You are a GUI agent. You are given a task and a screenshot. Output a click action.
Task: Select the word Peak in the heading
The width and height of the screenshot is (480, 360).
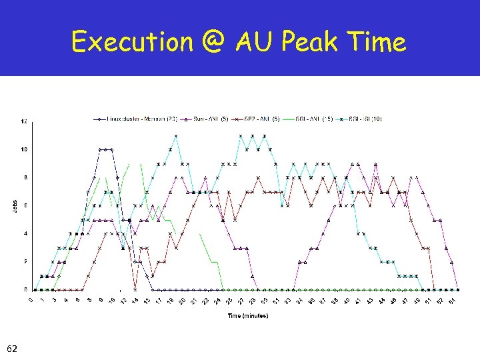coord(310,43)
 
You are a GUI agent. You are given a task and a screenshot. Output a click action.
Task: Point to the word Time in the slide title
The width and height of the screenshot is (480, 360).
coord(377,43)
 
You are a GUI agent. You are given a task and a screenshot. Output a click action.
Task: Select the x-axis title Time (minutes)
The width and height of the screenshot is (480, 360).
coord(248,315)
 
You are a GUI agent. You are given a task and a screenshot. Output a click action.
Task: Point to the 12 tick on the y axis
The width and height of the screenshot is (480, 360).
coord(25,121)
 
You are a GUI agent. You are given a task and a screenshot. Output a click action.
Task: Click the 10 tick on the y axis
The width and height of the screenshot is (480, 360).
coord(25,149)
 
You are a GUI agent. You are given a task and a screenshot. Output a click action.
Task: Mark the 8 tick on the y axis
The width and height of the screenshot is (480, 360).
coord(25,177)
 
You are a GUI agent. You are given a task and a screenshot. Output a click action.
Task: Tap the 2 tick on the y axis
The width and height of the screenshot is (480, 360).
coord(25,261)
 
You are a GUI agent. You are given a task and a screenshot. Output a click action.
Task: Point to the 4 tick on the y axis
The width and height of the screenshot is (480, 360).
coord(25,233)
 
